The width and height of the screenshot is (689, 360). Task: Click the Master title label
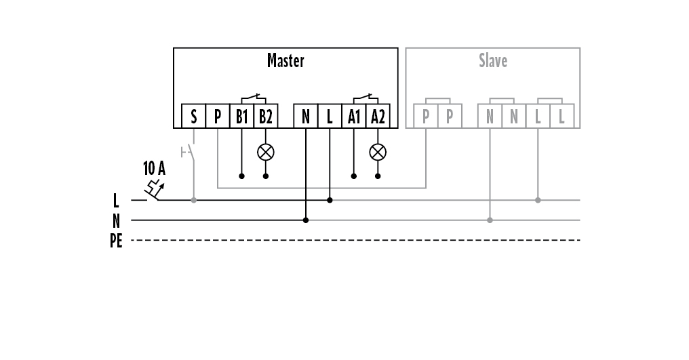[286, 61]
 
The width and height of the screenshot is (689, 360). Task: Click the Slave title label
[493, 61]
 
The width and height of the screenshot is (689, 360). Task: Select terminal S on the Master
[194, 117]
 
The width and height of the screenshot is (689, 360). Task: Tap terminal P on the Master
[218, 117]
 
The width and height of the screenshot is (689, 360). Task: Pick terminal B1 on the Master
[241, 117]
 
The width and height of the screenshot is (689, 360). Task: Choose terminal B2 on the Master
[265, 117]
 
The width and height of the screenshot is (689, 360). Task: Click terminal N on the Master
[306, 117]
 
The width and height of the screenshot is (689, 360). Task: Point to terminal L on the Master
[330, 117]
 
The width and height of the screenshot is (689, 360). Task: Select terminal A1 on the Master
[353, 117]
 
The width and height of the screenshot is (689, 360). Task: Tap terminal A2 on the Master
[377, 117]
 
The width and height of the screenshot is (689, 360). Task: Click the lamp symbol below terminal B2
[265, 152]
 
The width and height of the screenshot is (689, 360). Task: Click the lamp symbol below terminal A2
[377, 152]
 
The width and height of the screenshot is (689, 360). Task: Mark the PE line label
[116, 241]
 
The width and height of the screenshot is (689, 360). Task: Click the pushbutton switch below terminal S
[190, 152]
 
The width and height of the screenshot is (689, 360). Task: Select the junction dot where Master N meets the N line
[306, 220]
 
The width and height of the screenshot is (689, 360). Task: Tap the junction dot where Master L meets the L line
[330, 200]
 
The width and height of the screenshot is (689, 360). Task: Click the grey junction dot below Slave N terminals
[490, 220]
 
